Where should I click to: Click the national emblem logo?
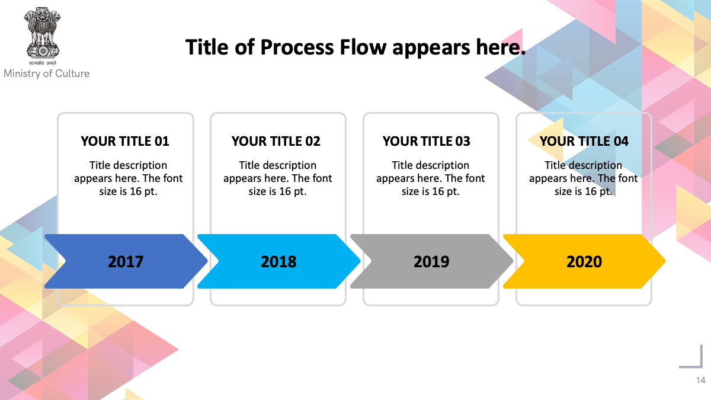(x=42, y=36)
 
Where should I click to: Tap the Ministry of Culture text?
(x=47, y=73)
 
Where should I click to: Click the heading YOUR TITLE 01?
(x=125, y=141)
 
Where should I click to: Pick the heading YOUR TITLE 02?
(x=276, y=141)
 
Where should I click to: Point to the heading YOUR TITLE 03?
(x=426, y=141)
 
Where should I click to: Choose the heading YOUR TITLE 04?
(x=584, y=141)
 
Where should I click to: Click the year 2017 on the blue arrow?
(x=126, y=262)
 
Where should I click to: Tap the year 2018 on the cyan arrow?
(x=278, y=262)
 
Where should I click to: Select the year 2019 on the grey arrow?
(x=431, y=262)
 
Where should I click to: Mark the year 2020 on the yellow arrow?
(x=584, y=262)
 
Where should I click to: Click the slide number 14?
(x=701, y=380)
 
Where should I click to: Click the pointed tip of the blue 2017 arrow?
(x=207, y=261)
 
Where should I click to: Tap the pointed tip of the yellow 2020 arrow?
(x=665, y=261)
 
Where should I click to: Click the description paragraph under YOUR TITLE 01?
(x=128, y=178)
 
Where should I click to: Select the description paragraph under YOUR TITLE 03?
(x=430, y=178)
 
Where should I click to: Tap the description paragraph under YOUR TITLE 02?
(x=277, y=178)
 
